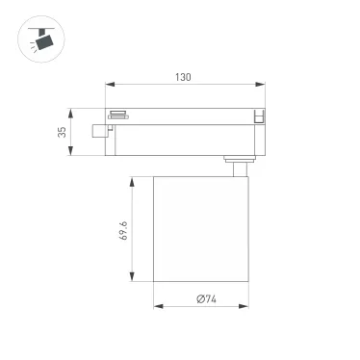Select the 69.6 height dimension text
124,230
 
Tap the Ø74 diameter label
205,298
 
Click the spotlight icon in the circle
39,39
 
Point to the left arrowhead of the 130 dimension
109,84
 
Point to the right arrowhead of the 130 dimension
261,84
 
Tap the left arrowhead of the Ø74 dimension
157,307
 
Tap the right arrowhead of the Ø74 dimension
249,307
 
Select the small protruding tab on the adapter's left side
97,130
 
